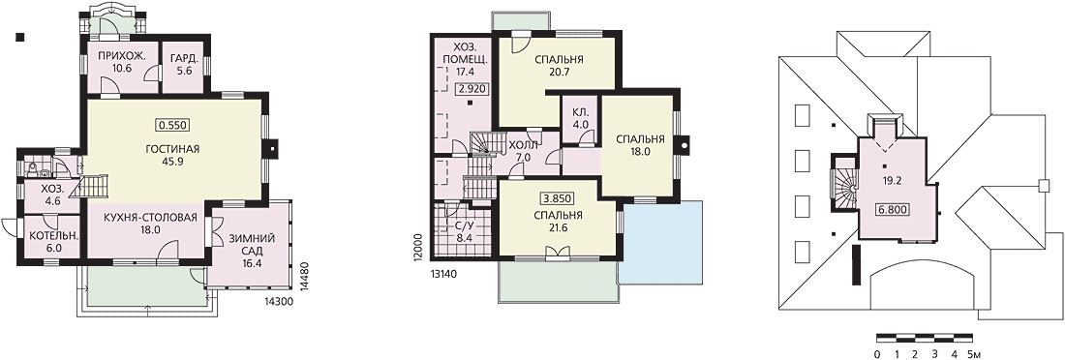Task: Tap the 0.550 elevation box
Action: tap(171, 125)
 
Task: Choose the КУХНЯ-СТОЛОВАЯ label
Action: tap(151, 218)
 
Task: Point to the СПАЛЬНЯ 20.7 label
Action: tap(560, 65)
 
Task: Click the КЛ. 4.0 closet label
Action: tap(582, 117)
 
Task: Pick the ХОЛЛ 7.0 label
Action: tap(523, 151)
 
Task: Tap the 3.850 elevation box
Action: tap(558, 199)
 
